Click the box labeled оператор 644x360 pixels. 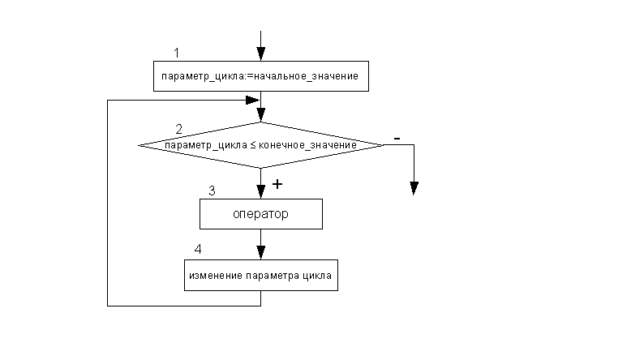[260, 215]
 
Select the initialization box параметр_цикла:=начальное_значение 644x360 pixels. [260, 76]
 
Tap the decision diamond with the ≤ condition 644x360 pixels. [260, 145]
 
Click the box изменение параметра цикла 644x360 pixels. [260, 276]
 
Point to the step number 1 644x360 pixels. [176, 53]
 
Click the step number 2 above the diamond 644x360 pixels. [178, 129]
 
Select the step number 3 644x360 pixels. [212, 191]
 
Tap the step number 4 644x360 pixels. [199, 248]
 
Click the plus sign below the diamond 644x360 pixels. [277, 184]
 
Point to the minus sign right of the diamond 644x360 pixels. [397, 139]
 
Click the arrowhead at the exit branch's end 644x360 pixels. [414, 189]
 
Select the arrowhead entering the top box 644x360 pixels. [260, 54]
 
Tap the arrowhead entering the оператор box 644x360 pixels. [260, 193]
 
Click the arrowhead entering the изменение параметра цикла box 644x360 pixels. [260, 252]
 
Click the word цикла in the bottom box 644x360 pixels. [318, 276]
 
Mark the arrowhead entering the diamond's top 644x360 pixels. [260, 116]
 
